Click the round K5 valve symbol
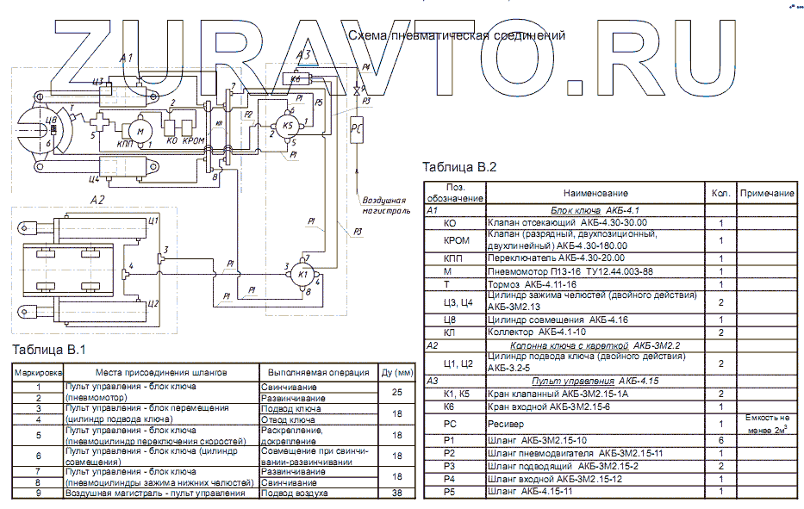(x=288, y=127)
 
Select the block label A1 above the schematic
(x=127, y=57)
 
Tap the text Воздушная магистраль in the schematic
(x=378, y=203)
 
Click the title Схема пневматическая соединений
(x=456, y=35)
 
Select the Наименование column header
(x=595, y=194)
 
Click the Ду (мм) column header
(x=397, y=373)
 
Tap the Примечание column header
(x=766, y=194)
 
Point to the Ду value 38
(x=397, y=493)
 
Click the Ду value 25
(x=397, y=393)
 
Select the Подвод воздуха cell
(x=293, y=493)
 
